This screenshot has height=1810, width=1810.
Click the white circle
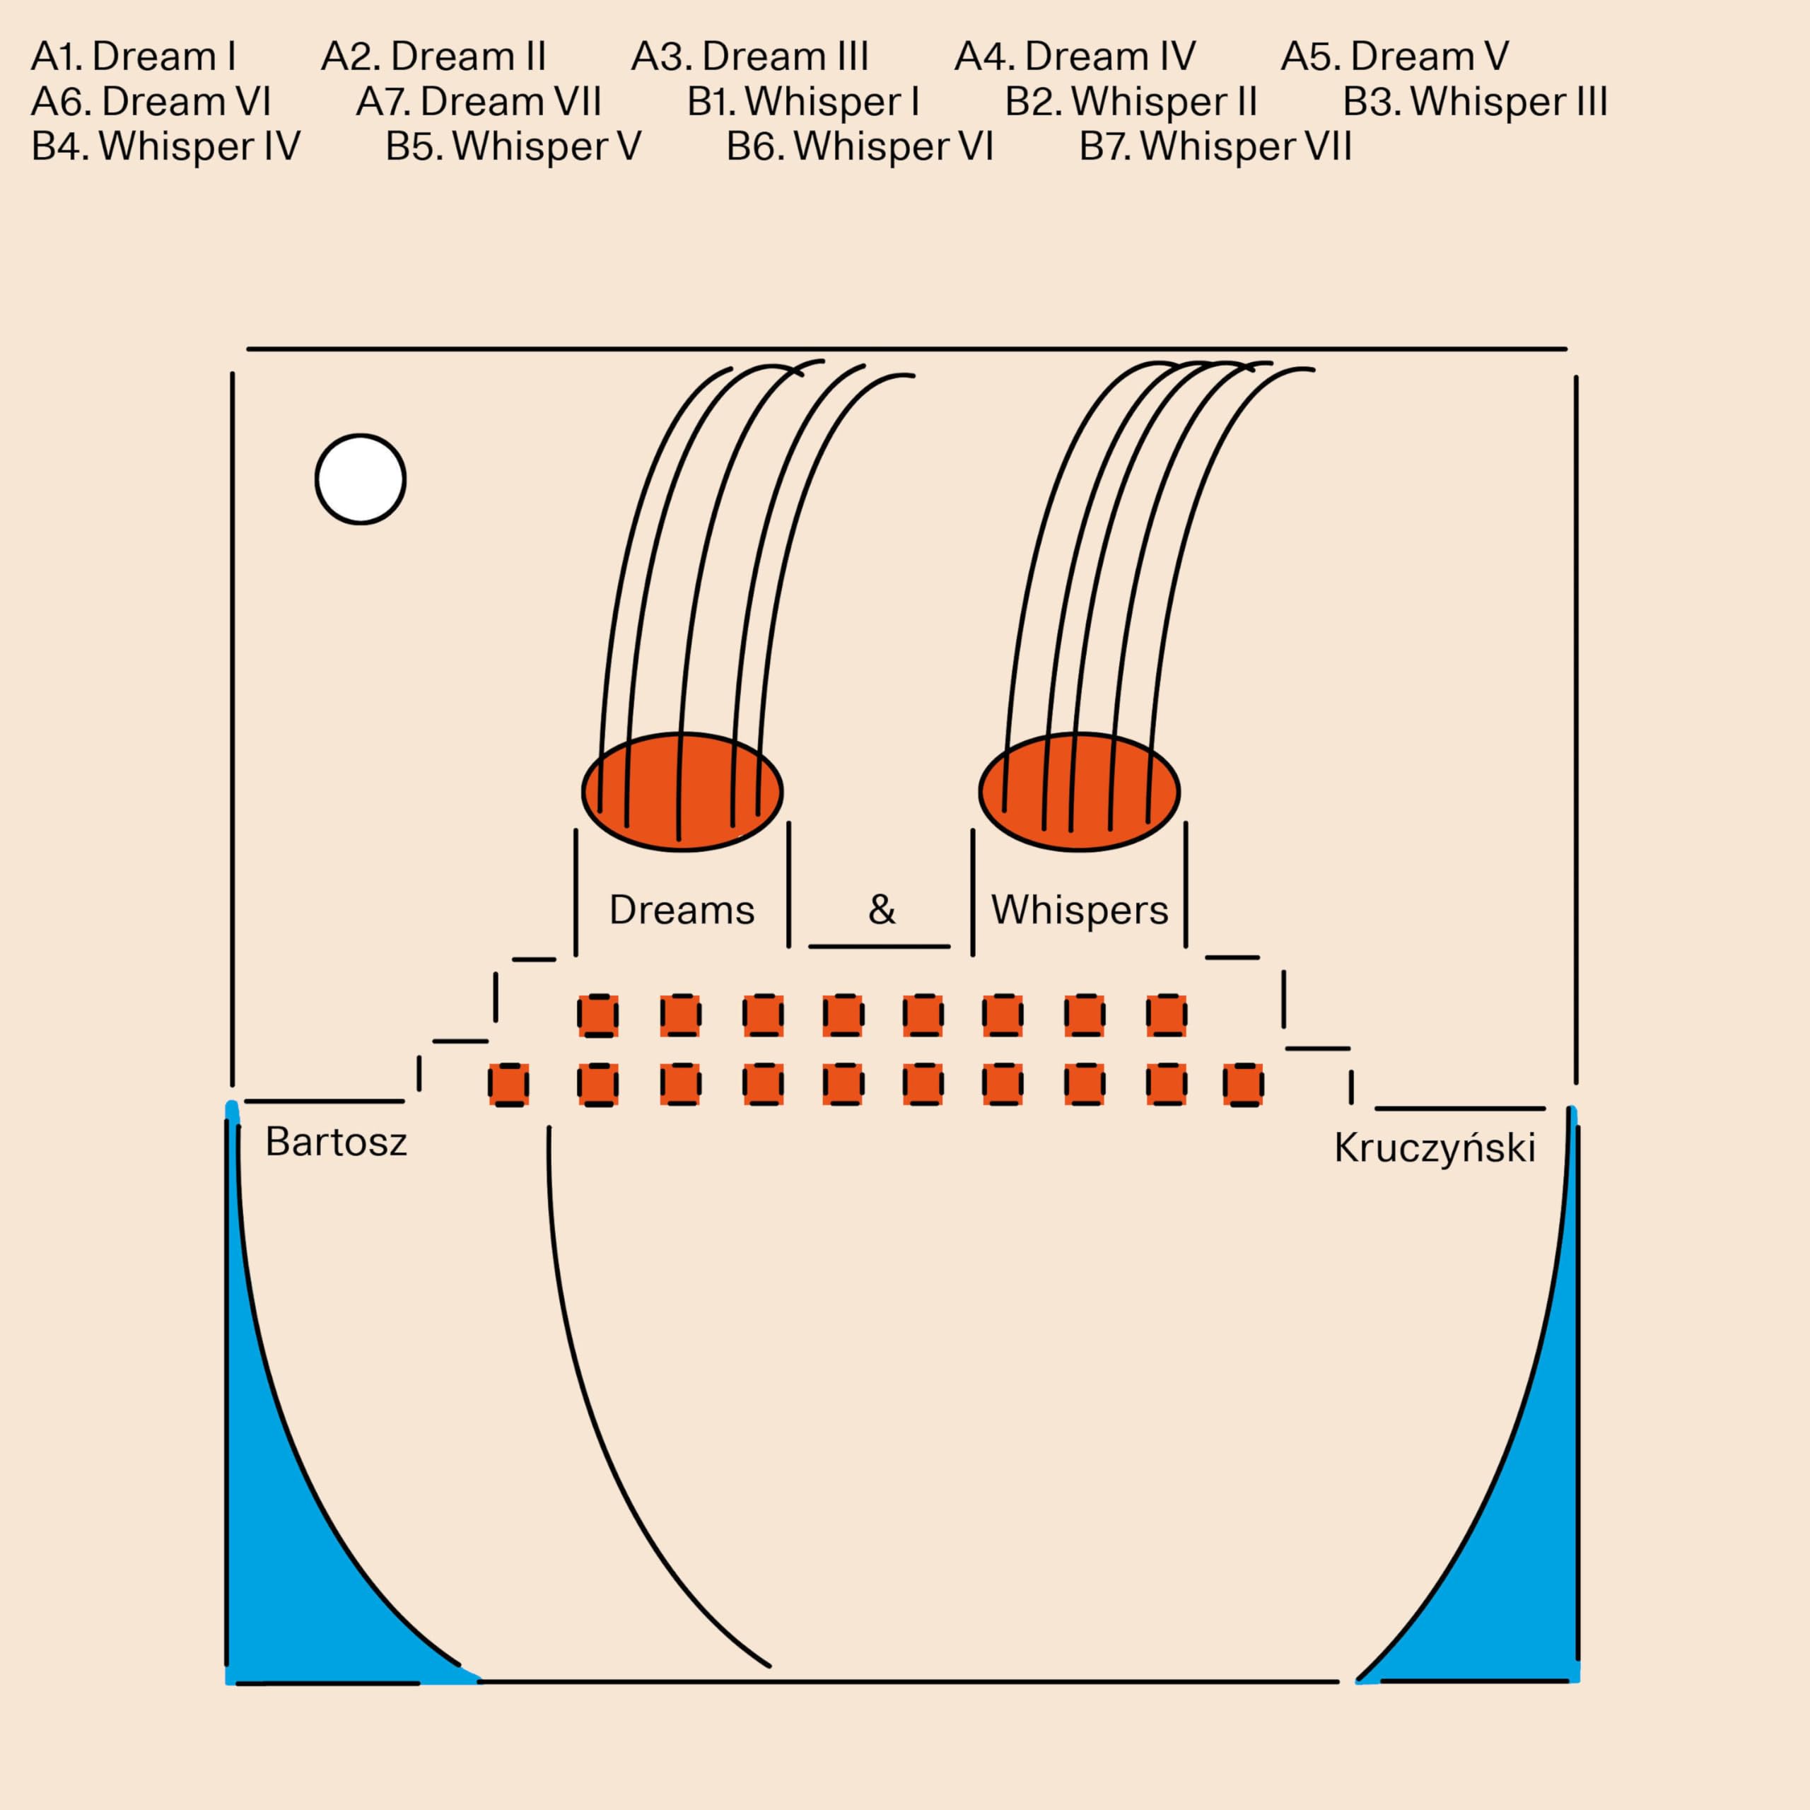point(361,479)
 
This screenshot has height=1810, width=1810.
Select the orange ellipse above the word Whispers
point(1079,792)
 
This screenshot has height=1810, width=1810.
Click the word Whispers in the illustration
point(1079,910)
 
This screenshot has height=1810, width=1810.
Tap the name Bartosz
point(335,1142)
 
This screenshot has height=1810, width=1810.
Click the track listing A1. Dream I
point(133,57)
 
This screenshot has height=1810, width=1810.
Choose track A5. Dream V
point(1394,57)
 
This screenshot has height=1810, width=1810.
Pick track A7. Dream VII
point(478,102)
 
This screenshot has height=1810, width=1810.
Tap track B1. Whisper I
point(803,102)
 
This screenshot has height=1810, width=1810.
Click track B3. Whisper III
point(1475,102)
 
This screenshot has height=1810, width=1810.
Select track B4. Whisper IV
point(166,147)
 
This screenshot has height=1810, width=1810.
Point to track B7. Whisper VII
point(1215,147)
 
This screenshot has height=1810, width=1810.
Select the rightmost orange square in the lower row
point(1243,1085)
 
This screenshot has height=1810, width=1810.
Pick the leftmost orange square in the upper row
point(597,1015)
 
